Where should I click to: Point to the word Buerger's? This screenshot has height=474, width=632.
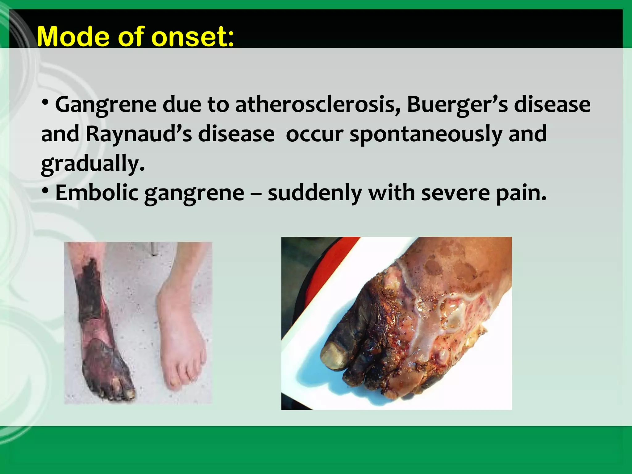[x=457, y=105]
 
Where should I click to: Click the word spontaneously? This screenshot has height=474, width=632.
[x=426, y=135]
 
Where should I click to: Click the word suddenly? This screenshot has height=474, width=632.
[x=315, y=193]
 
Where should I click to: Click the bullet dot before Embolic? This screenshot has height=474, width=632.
[x=45, y=191]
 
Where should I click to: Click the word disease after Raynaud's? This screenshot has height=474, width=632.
[x=236, y=135]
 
